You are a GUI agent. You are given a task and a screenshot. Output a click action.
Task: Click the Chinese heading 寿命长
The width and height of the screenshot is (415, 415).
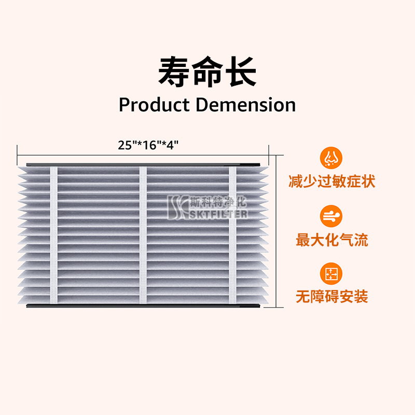pos(207,71)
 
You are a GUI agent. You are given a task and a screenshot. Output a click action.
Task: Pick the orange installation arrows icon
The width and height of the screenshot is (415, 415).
pos(331,273)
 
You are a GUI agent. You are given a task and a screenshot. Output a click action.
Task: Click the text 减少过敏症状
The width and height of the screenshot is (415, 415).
pos(331,182)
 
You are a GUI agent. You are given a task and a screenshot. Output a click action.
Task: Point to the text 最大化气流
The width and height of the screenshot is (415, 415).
pos(331,240)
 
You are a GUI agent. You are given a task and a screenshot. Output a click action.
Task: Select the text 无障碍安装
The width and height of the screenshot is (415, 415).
pos(331,297)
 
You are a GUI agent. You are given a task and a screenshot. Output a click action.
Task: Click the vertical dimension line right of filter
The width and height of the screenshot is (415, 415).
pos(276,233)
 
